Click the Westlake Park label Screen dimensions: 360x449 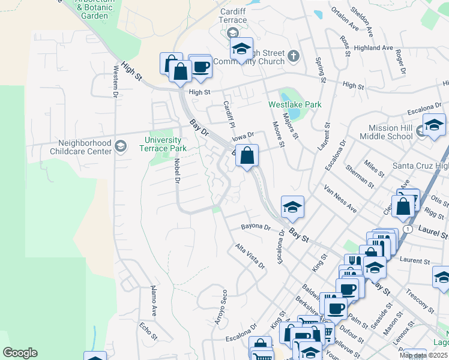295,104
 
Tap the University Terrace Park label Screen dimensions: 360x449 163,145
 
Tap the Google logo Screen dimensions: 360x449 20,353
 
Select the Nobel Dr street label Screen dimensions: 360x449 177,172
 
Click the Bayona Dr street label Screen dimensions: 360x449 256,227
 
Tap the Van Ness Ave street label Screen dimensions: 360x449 340,198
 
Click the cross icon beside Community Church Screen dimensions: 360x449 294,56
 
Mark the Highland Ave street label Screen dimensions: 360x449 373,48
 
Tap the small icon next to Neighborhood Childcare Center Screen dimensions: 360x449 121,146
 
